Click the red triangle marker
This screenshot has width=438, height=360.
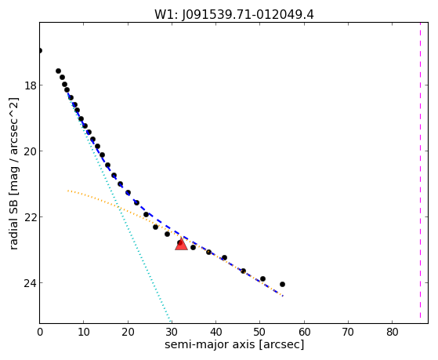(181, 244)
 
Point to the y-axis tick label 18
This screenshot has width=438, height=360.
(31, 85)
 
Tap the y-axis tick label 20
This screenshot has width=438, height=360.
(31, 151)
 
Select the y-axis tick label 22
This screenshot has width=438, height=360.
(31, 216)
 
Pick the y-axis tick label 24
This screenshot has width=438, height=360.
(31, 283)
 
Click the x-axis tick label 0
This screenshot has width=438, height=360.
(40, 333)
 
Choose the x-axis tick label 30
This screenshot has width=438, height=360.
(172, 333)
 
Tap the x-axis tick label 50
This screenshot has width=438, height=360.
(260, 333)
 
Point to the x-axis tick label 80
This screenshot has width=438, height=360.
(392, 333)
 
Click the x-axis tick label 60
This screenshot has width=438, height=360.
(304, 333)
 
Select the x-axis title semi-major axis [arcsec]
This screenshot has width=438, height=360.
(234, 344)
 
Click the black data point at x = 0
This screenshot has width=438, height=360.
(40, 51)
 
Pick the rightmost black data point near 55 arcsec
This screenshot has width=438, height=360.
(282, 284)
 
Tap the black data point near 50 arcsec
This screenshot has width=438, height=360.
(262, 279)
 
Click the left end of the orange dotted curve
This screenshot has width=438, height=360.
(68, 191)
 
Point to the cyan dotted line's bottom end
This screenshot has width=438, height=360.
(170, 321)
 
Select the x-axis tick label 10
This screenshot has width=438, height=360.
(84, 333)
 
